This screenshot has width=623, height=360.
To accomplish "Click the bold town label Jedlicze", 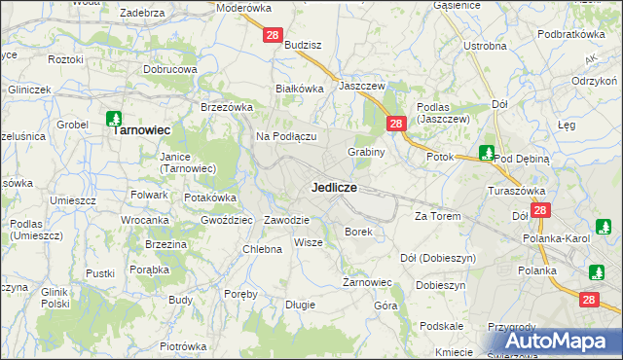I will coord(334,186).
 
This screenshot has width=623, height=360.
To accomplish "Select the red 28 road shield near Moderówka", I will coord(273,35).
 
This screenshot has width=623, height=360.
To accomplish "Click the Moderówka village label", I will coord(243,8).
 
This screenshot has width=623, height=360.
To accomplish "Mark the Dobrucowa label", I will coord(170,70).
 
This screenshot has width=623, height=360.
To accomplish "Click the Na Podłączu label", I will coord(286,136).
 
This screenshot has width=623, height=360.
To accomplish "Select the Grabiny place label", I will coord(367,152).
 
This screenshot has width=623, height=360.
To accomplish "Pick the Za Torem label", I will coord(437,215).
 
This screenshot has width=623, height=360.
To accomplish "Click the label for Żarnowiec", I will coord(367,282).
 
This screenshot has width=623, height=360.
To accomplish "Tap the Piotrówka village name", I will coord(184,346).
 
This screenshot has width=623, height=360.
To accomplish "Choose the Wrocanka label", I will coord(144,220).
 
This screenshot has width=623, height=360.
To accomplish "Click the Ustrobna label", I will coord(485,46).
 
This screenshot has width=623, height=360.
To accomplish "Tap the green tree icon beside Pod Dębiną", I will coord(487,153).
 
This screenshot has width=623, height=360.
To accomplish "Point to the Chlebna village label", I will coord(262,249).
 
